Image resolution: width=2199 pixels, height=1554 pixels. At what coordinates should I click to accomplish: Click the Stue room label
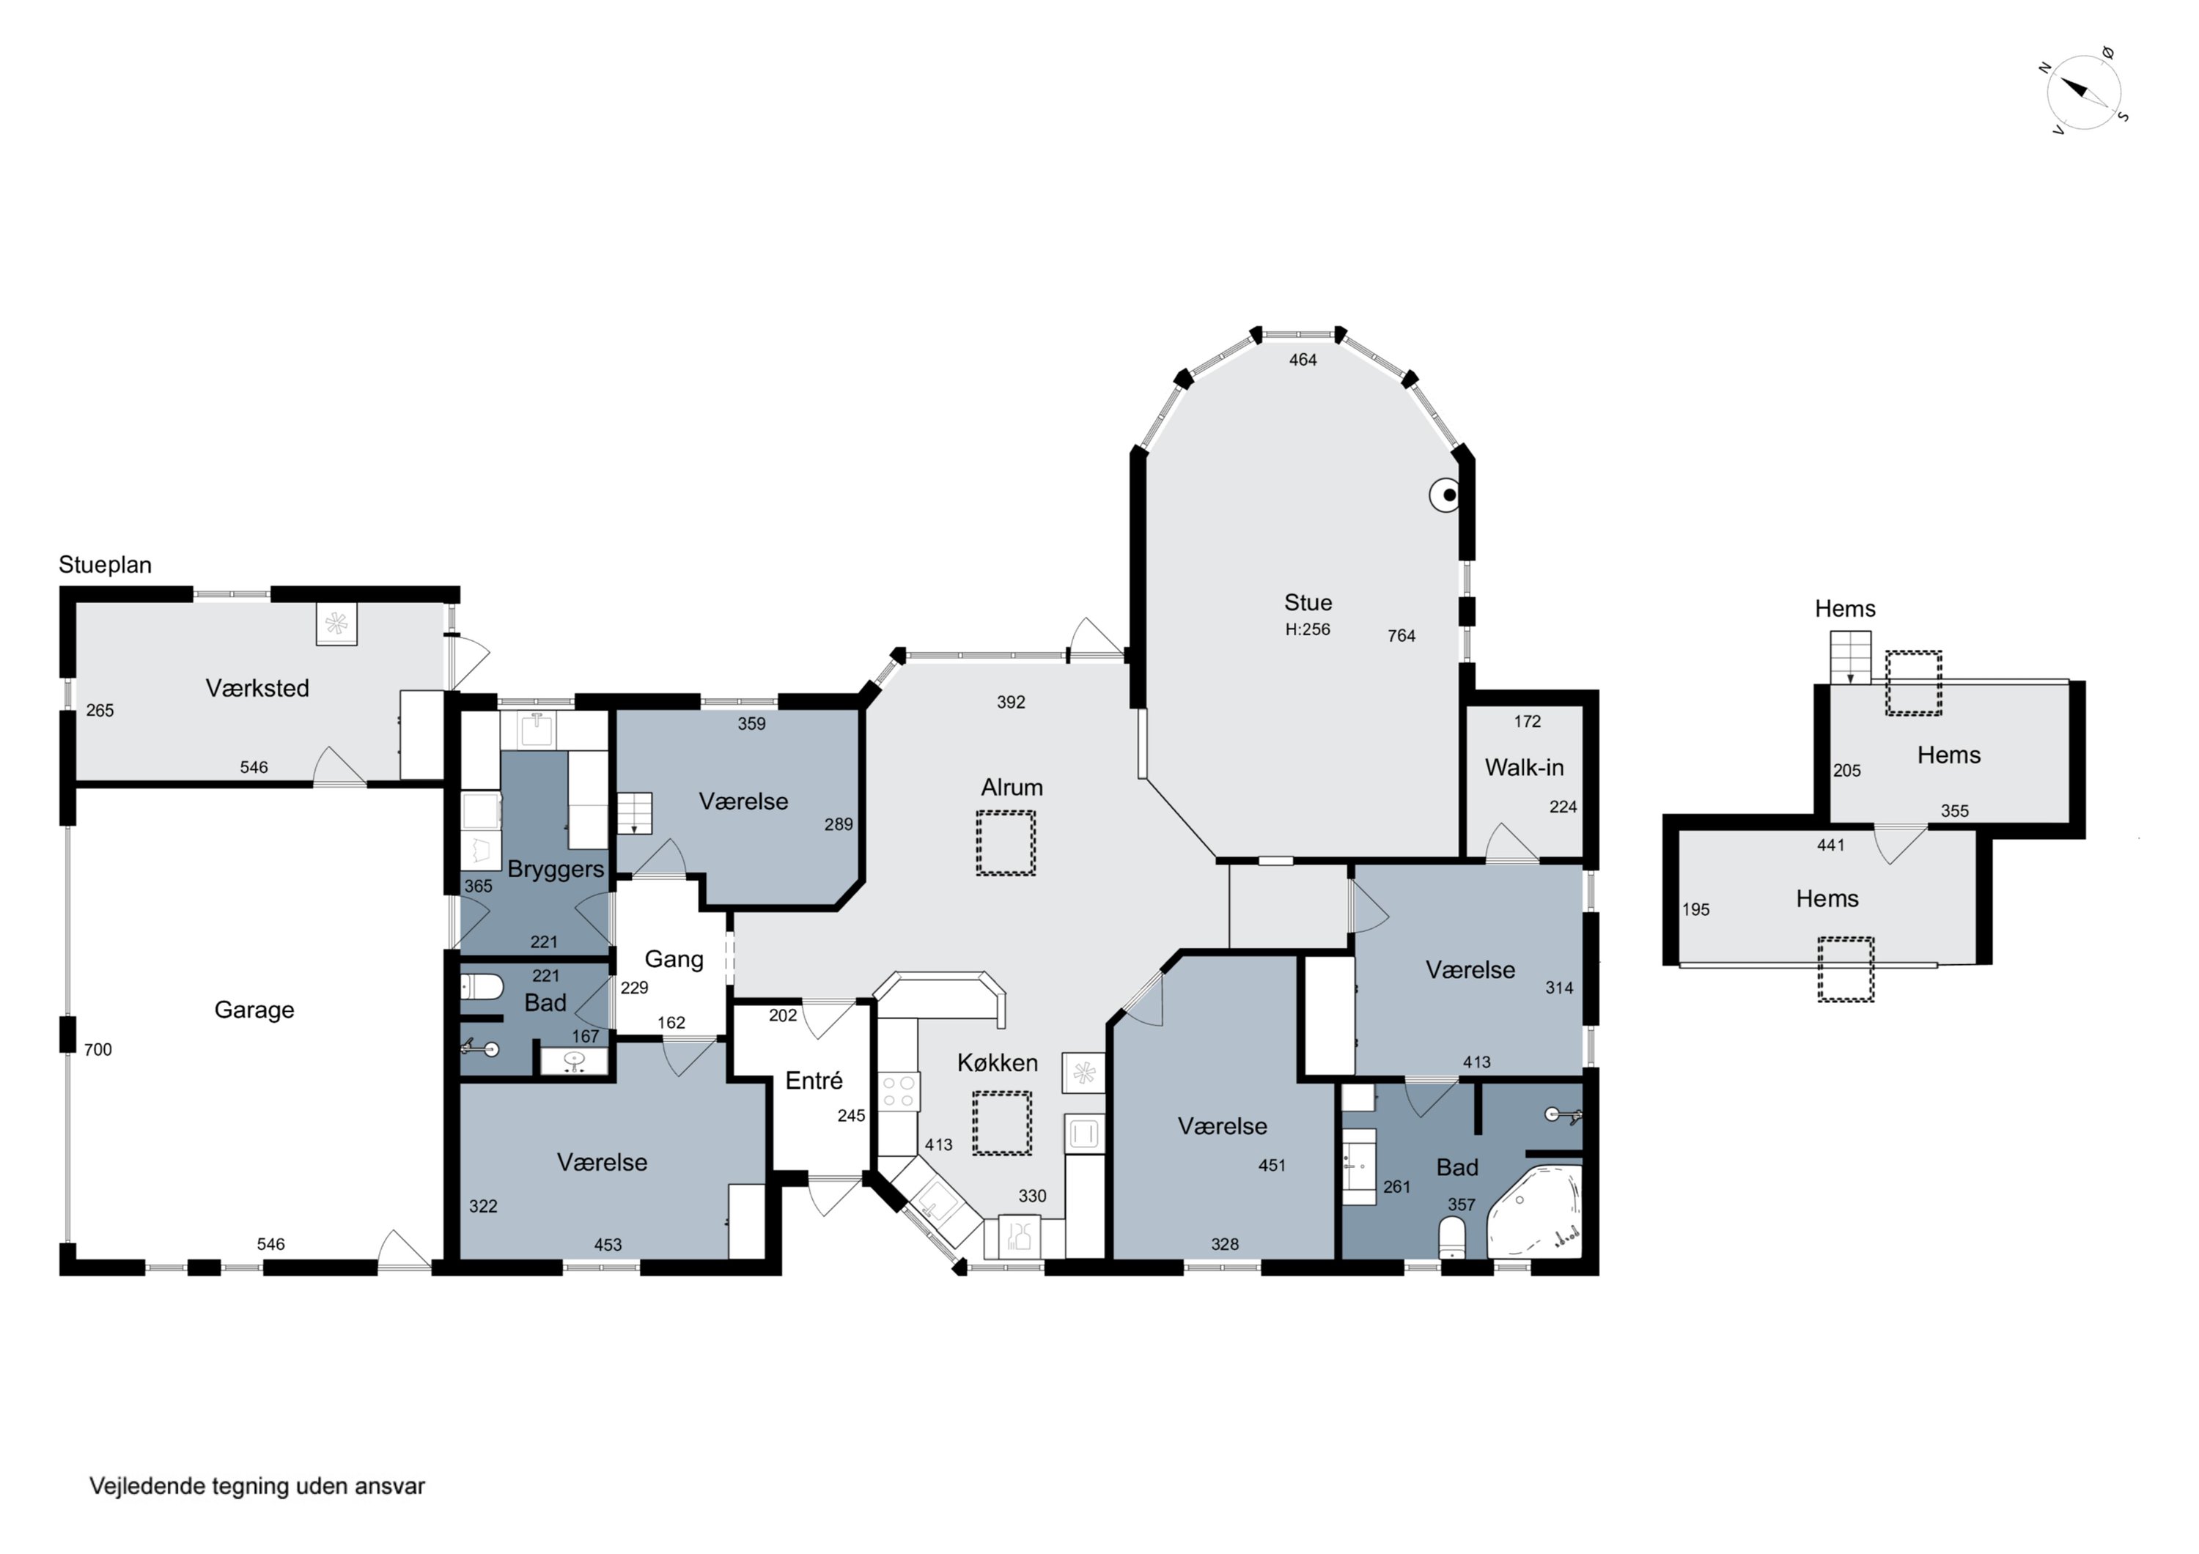(x=1308, y=602)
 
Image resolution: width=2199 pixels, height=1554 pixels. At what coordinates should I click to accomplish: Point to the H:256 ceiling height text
(x=1308, y=629)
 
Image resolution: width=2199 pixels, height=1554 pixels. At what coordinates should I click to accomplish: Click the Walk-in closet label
(x=1524, y=767)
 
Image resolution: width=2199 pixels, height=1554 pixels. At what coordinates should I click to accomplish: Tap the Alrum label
(x=1012, y=787)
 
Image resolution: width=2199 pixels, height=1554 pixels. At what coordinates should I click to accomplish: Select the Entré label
(x=814, y=1081)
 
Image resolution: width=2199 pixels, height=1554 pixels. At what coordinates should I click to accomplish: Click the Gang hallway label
(x=674, y=959)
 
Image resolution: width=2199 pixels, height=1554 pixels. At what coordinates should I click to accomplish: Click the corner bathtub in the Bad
(x=1533, y=1211)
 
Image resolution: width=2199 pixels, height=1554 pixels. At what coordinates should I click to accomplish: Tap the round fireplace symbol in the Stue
(x=1445, y=495)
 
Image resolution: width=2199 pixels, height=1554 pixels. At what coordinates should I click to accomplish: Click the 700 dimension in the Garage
(x=97, y=1049)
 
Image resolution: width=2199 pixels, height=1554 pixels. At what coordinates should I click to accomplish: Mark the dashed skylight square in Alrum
(x=1006, y=843)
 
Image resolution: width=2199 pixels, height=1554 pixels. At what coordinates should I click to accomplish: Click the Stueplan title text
(x=106, y=565)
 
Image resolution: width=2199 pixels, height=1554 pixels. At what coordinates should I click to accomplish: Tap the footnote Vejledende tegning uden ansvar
(x=257, y=1486)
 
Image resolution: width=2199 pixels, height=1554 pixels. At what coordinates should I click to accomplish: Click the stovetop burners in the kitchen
(x=899, y=1092)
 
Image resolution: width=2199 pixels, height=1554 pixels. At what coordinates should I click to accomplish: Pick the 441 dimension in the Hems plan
(x=1830, y=846)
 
